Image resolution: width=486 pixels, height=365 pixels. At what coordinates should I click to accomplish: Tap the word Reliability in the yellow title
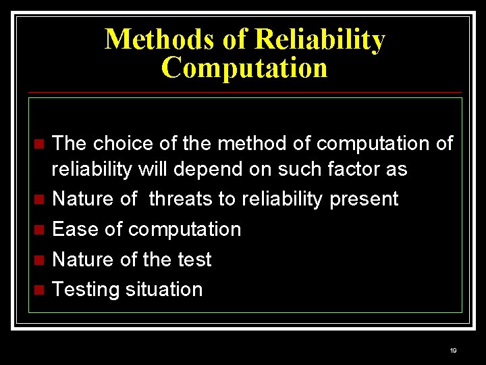pos(319,39)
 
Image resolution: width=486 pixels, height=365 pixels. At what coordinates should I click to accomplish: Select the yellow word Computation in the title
pos(244,68)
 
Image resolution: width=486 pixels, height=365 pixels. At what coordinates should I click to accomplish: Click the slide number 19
pos(453,350)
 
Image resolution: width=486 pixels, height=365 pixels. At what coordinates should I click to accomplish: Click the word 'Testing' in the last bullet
pos(82,289)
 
